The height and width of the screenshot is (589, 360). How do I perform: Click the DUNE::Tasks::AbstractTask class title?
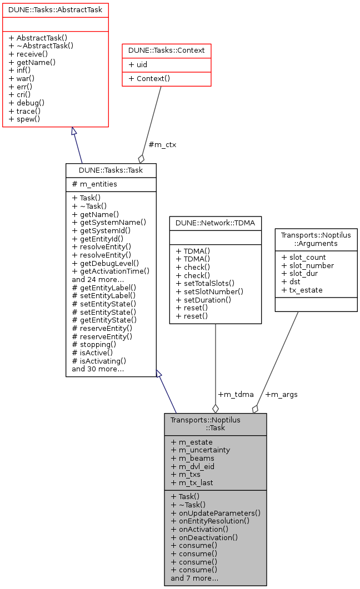55,9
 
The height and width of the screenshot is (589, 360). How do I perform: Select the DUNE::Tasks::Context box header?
166,51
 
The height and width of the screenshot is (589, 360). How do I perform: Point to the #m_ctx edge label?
162,145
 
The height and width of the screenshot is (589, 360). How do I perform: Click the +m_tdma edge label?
236,395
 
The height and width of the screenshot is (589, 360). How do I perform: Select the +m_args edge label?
281,395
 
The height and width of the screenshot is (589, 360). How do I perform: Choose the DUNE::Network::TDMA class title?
215,223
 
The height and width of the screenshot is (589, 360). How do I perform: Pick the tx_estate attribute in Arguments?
302,290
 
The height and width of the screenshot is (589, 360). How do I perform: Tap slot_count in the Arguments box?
303,258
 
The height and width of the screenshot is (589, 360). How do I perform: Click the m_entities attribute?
94,184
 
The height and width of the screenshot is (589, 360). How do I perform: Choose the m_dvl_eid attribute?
192,466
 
